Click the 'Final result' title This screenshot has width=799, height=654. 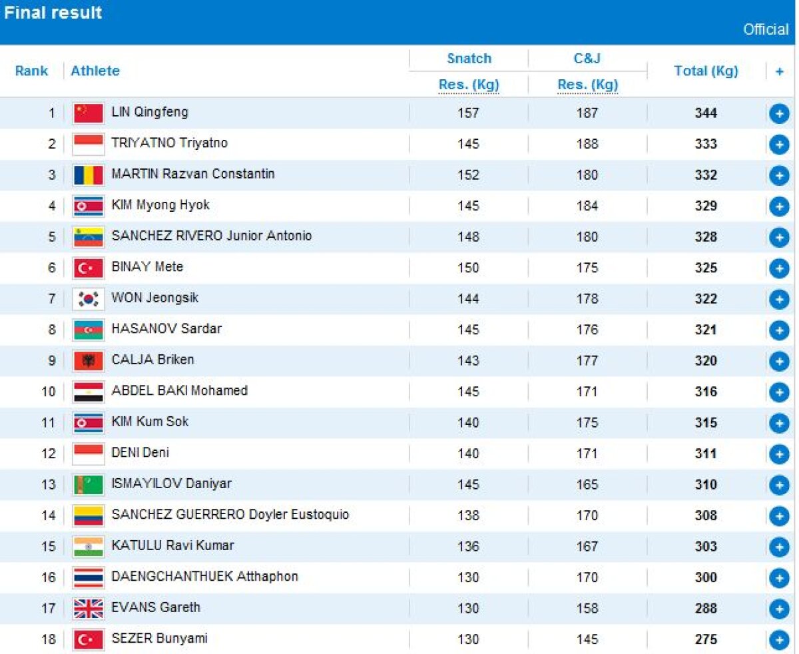pos(53,13)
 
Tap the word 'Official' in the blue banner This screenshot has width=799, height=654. pos(766,30)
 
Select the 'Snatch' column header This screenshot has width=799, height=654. pos(469,59)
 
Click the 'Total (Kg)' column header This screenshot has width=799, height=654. pos(706,71)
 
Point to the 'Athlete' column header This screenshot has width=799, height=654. pos(95,71)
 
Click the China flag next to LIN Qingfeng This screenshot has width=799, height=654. pos(89,113)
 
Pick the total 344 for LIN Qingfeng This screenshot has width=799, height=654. pos(706,113)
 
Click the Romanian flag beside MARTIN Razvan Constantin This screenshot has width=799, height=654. pos(89,175)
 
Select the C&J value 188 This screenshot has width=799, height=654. pos(587,144)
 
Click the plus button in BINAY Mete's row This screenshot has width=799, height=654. pos(778,268)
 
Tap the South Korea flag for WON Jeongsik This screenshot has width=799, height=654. pos(89,299)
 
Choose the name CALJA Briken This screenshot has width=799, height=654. pos(152,360)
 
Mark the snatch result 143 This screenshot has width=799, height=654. pos(468,360)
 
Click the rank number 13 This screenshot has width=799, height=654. pos(49,484)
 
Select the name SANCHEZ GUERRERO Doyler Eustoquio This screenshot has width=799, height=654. pos(230,515)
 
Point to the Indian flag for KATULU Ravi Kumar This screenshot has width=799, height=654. pos(89,547)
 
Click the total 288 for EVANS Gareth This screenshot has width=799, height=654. pos(706,608)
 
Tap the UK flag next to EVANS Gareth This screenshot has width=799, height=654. pos(89,608)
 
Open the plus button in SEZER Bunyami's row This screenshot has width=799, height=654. pos(778,640)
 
